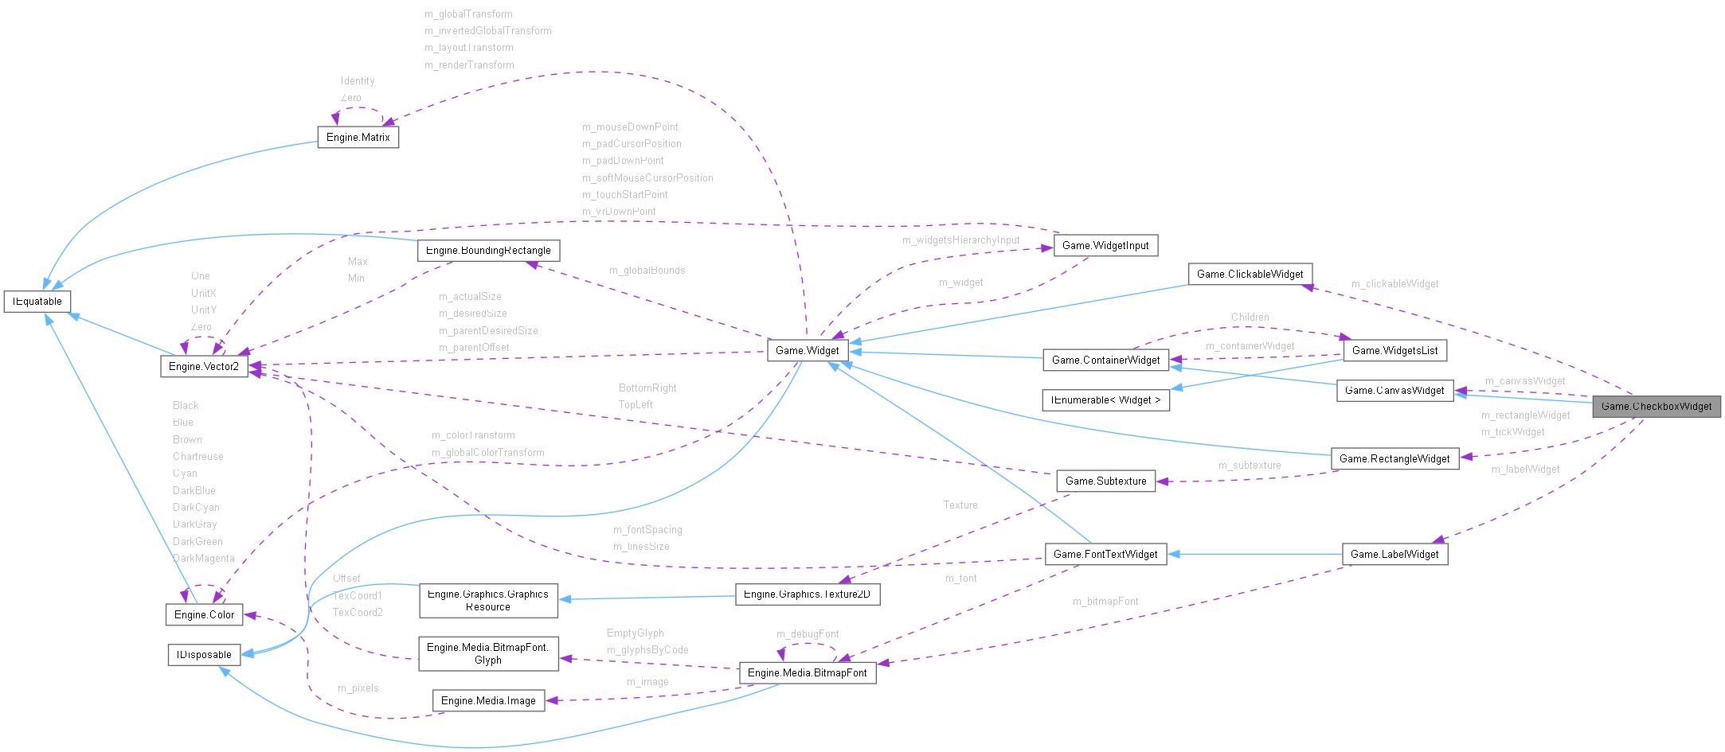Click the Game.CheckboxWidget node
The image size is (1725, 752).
1656,407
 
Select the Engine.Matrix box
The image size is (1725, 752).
358,138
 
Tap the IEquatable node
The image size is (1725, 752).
37,302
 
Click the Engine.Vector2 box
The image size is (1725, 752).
204,367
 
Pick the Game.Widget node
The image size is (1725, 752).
807,351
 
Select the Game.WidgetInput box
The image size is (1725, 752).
1105,246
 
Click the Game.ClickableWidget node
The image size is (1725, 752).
1250,275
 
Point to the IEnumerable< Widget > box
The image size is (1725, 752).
1105,400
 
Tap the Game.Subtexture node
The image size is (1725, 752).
1105,481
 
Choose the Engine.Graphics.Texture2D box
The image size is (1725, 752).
807,594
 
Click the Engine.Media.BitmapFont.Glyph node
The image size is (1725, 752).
488,653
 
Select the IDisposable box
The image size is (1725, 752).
204,655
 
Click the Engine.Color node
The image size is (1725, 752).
204,615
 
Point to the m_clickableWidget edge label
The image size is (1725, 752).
1394,284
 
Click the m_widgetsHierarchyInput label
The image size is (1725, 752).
960,240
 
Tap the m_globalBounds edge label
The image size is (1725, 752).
647,271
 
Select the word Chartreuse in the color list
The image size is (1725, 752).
198,457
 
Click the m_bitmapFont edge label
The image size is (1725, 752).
1105,602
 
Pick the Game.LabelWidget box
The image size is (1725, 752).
1394,555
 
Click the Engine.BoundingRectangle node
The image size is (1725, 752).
488,251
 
